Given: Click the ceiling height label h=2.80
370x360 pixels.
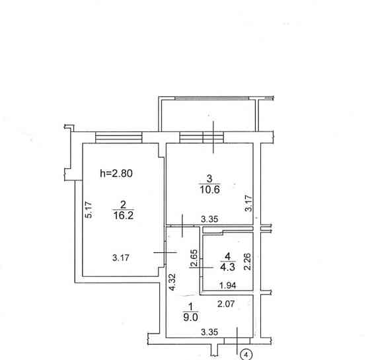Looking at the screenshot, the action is [116, 173].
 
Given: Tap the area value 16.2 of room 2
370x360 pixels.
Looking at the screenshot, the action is [124, 215].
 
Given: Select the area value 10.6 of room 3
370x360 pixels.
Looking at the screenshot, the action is [210, 190].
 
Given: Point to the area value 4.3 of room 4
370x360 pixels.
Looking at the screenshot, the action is [227, 267].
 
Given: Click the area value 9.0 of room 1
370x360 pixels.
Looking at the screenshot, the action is [190, 317].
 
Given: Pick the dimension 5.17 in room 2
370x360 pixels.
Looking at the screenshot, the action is [89, 209].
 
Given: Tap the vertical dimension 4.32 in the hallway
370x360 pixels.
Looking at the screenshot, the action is [172, 281].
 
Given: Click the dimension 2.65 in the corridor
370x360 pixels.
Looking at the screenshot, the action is [194, 258].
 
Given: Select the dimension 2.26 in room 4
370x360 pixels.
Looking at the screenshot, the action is [247, 262].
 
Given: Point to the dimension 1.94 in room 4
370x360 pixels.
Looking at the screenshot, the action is [227, 285].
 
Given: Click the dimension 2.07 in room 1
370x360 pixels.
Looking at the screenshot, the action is [226, 304].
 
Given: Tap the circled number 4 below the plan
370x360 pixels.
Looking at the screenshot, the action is [246, 355].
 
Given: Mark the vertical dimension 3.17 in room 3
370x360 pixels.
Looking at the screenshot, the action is [248, 203].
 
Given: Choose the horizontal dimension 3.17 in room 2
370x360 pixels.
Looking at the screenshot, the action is [120, 258].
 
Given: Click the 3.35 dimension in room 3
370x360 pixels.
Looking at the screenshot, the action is [209, 219].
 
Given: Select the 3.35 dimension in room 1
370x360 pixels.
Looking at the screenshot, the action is [209, 332].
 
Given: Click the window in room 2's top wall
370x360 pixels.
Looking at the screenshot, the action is [119, 137].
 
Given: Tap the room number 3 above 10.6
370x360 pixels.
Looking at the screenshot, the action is [209, 178].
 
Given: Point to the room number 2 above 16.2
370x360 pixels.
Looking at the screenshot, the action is [123, 205].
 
